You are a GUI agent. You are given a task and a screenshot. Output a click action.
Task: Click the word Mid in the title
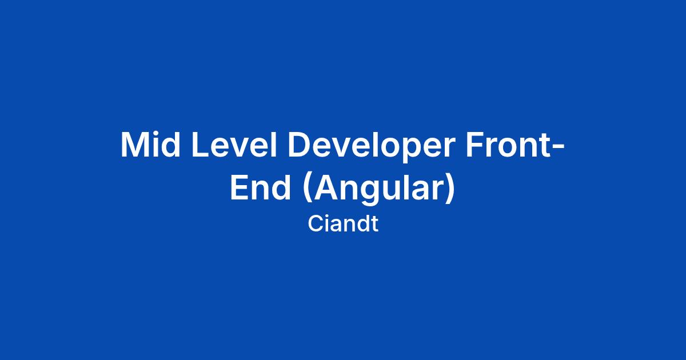150,145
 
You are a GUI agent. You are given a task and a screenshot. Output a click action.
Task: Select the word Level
234,145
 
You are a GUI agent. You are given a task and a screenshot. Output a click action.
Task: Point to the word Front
508,145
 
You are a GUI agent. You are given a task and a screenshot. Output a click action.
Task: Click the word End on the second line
260,187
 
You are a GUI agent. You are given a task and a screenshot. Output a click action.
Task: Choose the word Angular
378,190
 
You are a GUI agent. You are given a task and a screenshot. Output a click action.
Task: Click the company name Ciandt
343,223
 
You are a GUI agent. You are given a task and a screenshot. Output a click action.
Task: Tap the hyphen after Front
559,147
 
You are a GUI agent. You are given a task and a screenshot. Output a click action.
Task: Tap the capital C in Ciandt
316,224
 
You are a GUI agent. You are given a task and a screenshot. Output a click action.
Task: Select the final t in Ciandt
374,225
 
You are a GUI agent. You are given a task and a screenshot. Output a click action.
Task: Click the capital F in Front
475,145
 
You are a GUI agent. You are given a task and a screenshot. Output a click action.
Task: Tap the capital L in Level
201,145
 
